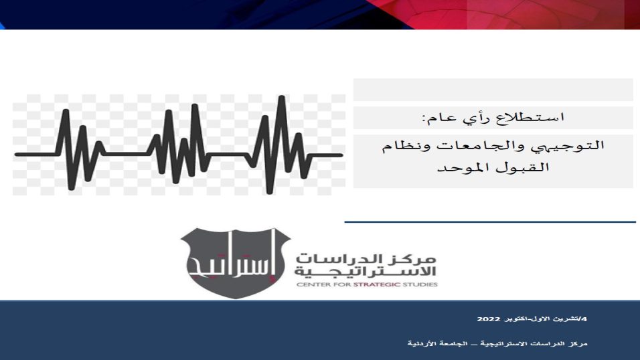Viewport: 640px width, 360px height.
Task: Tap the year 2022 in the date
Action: point(489,319)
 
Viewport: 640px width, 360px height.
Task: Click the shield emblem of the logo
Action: point(236,263)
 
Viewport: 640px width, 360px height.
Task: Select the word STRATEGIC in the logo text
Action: point(376,284)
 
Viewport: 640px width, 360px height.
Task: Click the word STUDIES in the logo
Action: point(420,284)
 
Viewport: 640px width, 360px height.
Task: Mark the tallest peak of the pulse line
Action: point(281,97)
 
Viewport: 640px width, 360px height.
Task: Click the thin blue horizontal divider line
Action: point(490,222)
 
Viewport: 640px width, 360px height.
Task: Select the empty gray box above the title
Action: point(493,90)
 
